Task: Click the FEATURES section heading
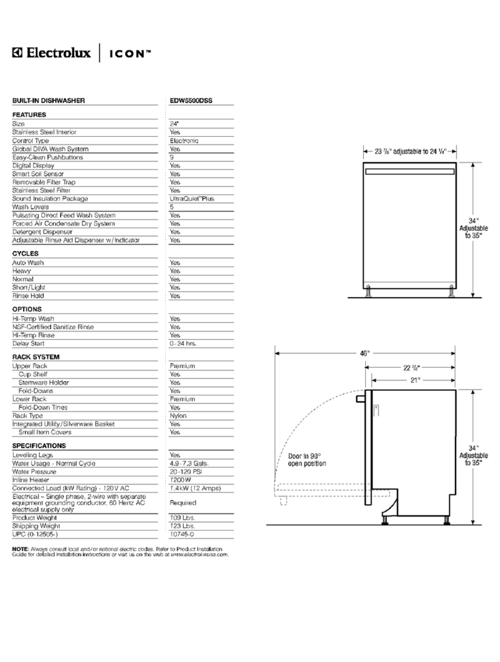tap(29, 114)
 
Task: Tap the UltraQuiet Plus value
tap(192, 199)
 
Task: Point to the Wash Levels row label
tap(31, 207)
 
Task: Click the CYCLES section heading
tap(25, 253)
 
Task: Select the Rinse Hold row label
tap(28, 296)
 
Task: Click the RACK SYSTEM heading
tap(36, 357)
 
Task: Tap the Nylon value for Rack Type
tap(178, 416)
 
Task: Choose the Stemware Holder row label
tap(44, 382)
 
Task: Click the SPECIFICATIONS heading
tap(39, 445)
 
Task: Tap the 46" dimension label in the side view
tap(364, 353)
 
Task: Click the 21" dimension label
tap(414, 380)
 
